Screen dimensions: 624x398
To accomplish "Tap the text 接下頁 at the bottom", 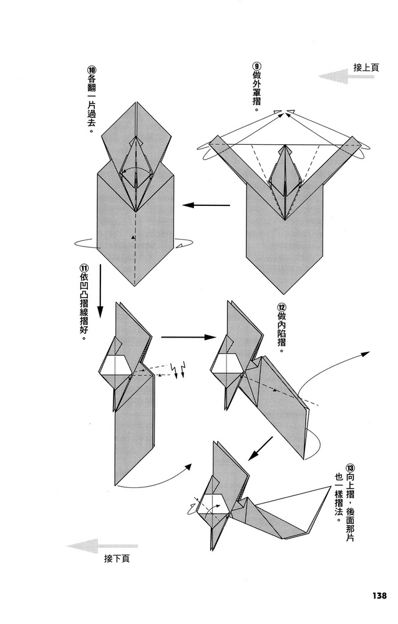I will tap(118, 558).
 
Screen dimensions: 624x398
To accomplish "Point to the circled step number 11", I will tap(84, 268).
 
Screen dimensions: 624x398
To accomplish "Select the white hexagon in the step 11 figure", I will tap(115, 364).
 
